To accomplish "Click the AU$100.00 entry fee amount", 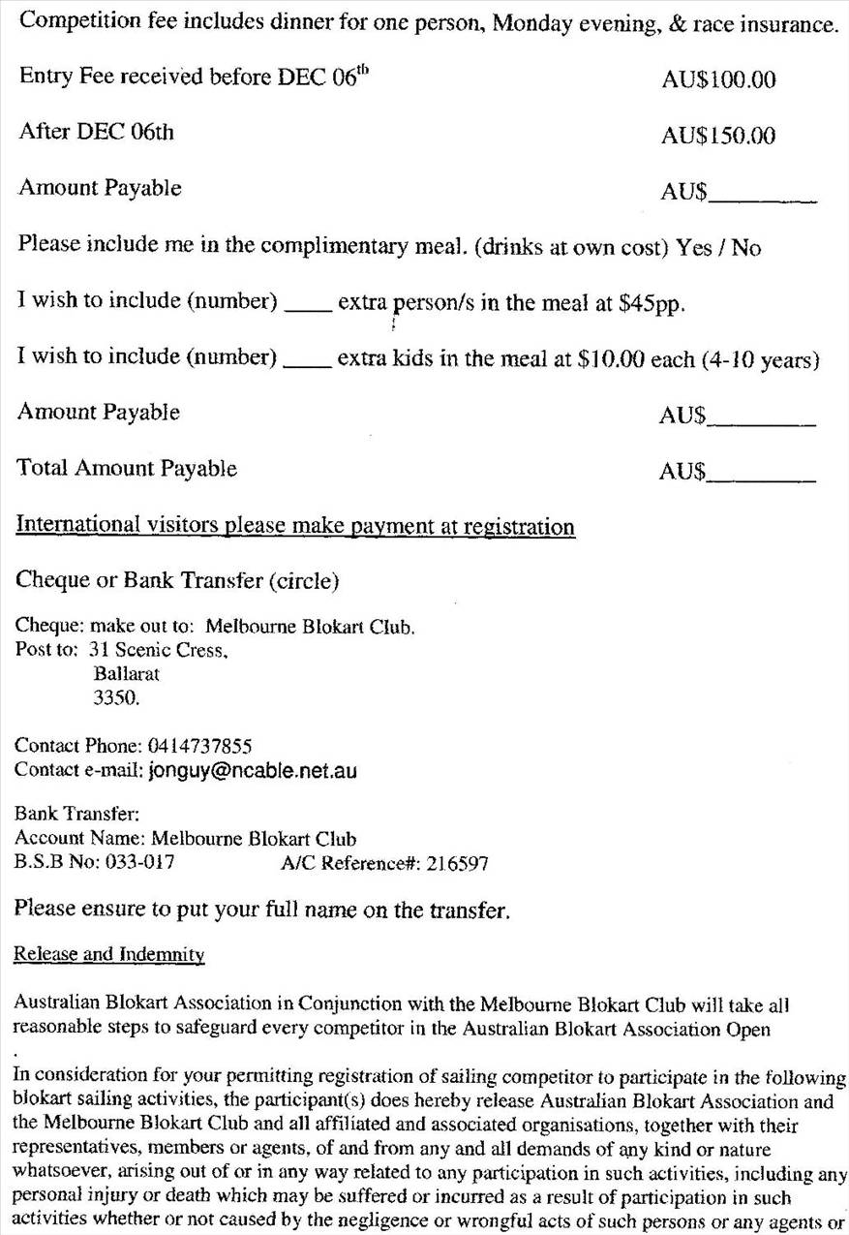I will click(718, 80).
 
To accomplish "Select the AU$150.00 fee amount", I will click(718, 137).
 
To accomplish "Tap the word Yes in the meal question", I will click(694, 248).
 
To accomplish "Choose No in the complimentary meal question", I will click(746, 248).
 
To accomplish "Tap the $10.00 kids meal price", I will click(611, 359).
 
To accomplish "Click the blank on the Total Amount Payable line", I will click(761, 476).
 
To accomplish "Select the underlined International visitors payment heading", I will click(295, 526).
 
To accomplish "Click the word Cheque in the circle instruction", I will click(51, 581).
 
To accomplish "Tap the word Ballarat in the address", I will click(127, 674).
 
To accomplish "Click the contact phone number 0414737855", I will click(199, 746).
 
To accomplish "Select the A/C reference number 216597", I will click(457, 863).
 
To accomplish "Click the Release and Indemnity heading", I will click(109, 955).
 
